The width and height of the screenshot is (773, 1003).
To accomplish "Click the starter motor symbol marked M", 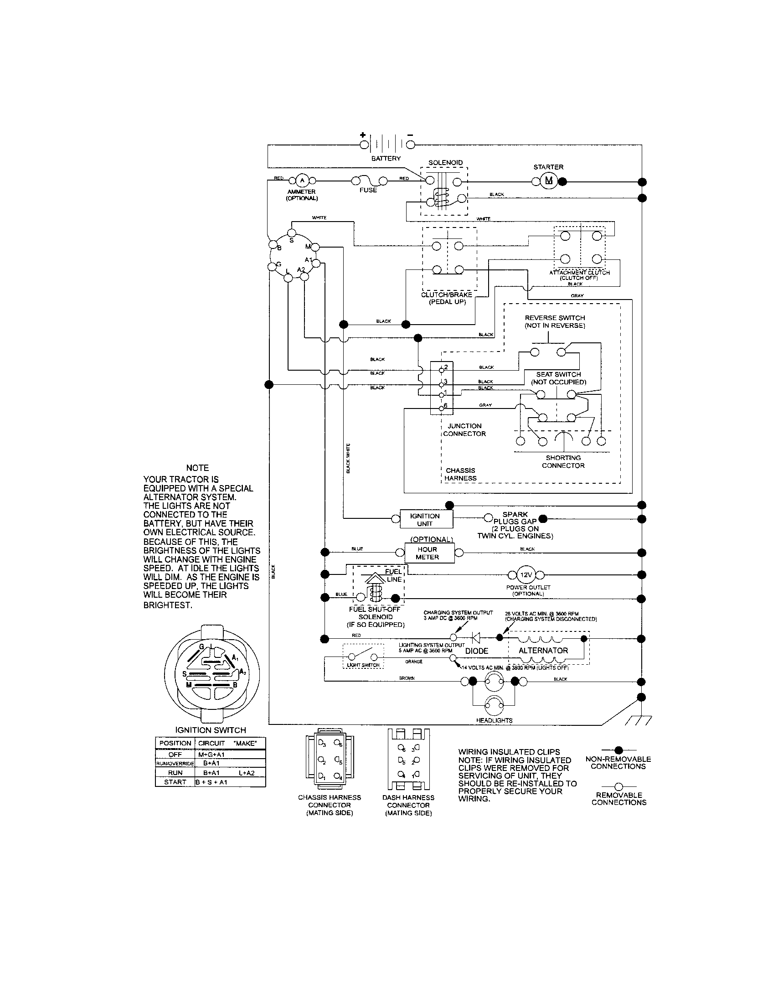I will pos(548,181).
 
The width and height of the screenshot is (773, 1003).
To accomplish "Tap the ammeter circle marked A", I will pos(302,181).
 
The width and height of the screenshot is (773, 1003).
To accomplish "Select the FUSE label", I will pos(368,190).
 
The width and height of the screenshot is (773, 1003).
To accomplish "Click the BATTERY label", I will pos(386,159).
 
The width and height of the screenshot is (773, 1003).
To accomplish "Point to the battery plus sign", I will pos(363,135).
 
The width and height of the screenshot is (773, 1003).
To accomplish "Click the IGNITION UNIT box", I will pos(425,519).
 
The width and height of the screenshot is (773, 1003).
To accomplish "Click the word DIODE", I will pos(476,651).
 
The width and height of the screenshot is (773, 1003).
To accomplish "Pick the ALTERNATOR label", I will pos(543,650).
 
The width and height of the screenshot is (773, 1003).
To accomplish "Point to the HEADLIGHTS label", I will pos(494,720).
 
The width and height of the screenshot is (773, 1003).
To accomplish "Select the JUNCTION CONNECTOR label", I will pos(464,430).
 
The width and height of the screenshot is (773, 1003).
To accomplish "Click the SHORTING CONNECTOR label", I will pos(563,461).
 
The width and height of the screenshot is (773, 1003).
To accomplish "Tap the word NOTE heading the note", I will pos(197,468).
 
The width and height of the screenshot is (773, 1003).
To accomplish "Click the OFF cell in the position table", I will pos(175,754).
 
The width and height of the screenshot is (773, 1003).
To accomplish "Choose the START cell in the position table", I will pos(175,781).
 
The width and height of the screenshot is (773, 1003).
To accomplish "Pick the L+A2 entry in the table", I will pos(246,772).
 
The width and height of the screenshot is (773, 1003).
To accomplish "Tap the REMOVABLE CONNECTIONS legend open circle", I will pos(618,787).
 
